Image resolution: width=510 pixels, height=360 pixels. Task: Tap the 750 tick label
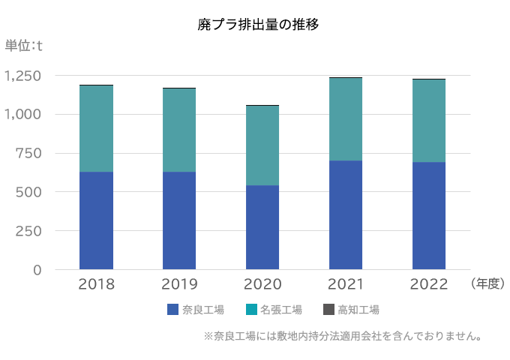[29, 153]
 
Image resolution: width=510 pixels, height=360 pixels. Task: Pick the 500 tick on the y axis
[29, 192]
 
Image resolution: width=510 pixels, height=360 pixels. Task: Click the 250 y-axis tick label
[29, 231]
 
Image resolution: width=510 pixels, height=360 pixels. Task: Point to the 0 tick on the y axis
[37, 270]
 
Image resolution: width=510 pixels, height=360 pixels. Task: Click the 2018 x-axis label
[96, 284]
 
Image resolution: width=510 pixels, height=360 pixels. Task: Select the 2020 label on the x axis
[262, 284]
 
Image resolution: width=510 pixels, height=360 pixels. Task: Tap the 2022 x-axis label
[429, 284]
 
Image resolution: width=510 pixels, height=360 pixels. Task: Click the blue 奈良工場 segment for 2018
[96, 220]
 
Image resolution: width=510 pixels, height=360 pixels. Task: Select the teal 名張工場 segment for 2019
[179, 130]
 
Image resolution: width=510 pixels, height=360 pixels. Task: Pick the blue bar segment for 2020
[262, 227]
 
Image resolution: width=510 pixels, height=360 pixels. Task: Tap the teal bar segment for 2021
[346, 119]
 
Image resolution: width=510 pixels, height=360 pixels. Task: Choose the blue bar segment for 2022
[429, 216]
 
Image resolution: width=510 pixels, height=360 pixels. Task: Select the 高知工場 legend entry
[351, 310]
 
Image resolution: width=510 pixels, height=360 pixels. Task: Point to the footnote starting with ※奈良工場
[342, 336]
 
